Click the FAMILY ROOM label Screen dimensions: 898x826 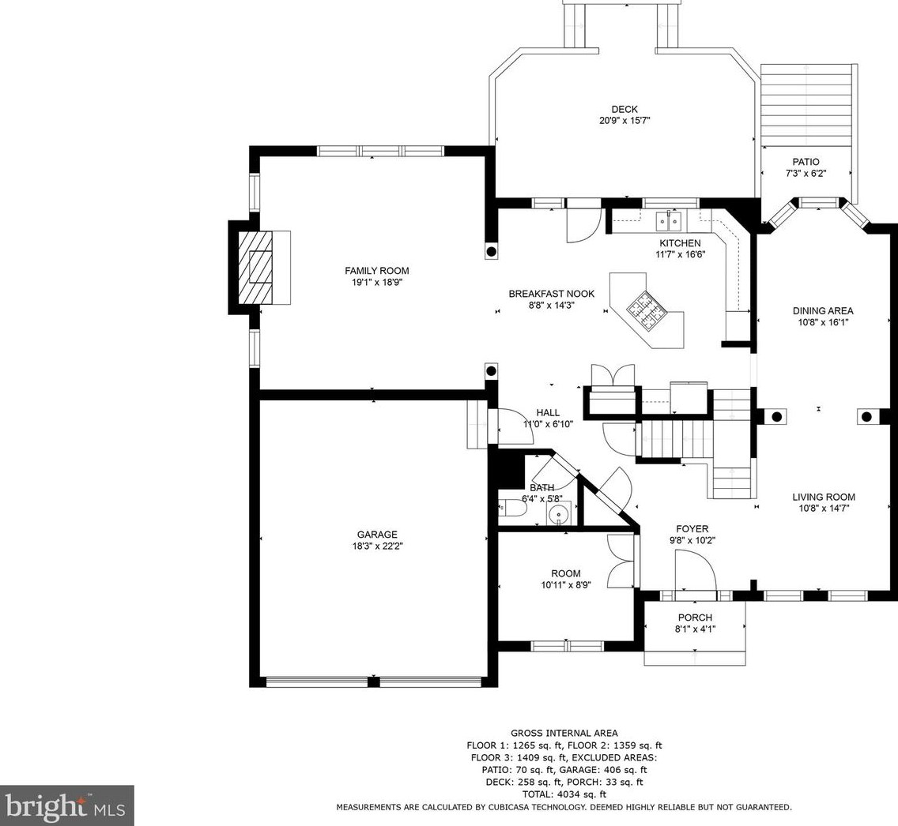pyautogui.click(x=377, y=271)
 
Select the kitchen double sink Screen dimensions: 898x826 pyautogui.click(x=669, y=220)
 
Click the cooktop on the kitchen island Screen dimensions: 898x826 pyautogui.click(x=646, y=310)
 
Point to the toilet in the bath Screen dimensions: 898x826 pyautogui.click(x=512, y=508)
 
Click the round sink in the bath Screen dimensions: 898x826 pyautogui.click(x=559, y=513)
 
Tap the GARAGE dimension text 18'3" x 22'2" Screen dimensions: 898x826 pyautogui.click(x=377, y=546)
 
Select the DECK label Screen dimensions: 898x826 pyautogui.click(x=624, y=109)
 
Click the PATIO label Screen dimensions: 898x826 pyautogui.click(x=806, y=162)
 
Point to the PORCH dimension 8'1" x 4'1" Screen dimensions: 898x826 pyautogui.click(x=696, y=629)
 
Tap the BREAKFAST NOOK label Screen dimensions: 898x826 pyautogui.click(x=552, y=294)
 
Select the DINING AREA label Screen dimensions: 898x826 pyautogui.click(x=823, y=310)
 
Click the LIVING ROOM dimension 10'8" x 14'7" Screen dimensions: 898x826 pyautogui.click(x=824, y=509)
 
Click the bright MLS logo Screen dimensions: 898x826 pyautogui.click(x=67, y=805)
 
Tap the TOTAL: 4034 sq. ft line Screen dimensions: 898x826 pyautogui.click(x=564, y=794)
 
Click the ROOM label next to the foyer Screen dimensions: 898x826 pyautogui.click(x=566, y=573)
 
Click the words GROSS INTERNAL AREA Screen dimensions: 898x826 pyautogui.click(x=564, y=733)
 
